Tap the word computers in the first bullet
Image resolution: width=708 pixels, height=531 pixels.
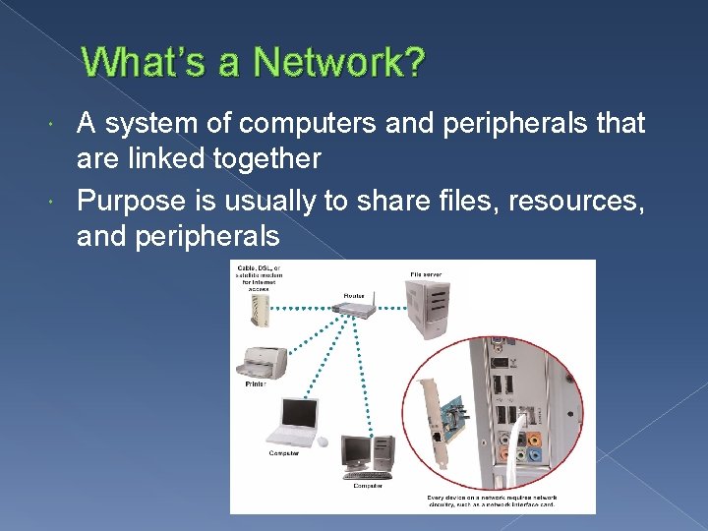297,124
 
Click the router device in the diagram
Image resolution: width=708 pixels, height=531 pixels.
354,308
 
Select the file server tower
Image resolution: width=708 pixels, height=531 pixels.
429,307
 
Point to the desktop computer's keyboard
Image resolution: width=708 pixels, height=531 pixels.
369,476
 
